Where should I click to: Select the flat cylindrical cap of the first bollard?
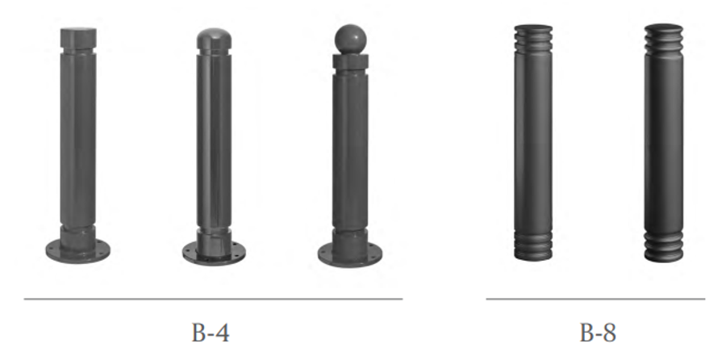point(78,37)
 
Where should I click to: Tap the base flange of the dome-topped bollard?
point(213,252)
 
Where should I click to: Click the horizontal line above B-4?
point(213,299)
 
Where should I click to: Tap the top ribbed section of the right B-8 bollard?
point(663,40)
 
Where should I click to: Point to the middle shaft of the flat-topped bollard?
point(78,141)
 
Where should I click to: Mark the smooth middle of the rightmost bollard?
point(663,141)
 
